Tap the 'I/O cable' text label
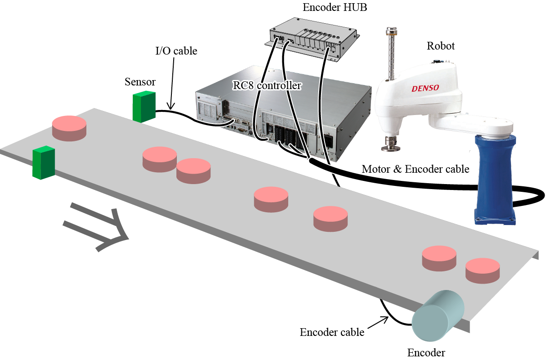(176, 50)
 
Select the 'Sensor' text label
(140, 82)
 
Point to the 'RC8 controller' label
(267, 85)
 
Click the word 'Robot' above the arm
(441, 46)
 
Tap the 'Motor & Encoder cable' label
(415, 169)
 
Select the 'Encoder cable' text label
(332, 332)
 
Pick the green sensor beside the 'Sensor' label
(144, 106)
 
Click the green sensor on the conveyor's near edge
(44, 162)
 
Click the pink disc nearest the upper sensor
(69, 127)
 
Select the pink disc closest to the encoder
(482, 270)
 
